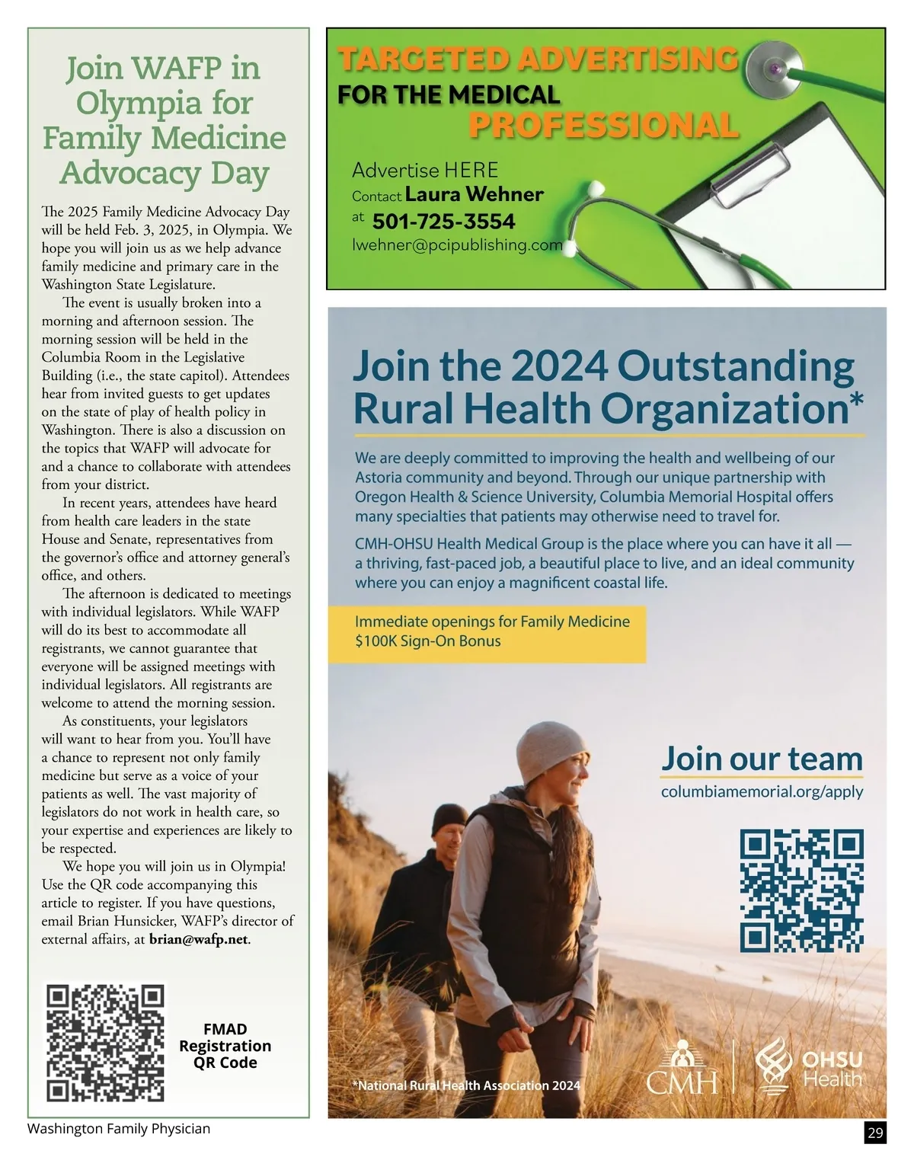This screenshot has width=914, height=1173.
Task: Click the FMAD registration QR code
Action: click(105, 1042)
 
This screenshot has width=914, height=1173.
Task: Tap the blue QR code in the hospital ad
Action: click(801, 890)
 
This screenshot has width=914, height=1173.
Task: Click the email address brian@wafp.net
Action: click(199, 939)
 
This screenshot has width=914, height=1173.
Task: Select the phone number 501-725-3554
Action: click(443, 222)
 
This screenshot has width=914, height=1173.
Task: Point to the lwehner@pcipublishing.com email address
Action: click(457, 245)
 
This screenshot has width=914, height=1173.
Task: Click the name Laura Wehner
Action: click(474, 194)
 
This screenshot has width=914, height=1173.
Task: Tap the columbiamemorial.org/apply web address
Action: click(762, 791)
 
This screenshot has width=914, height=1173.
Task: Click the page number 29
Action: click(875, 1133)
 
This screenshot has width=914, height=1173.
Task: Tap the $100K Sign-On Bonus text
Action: click(427, 641)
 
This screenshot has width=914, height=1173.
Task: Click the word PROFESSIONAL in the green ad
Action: click(603, 126)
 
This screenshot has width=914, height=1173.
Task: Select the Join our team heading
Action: click(762, 759)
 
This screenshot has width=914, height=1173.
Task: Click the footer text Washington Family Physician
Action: click(119, 1129)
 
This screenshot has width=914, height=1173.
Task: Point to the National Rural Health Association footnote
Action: click(466, 1085)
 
